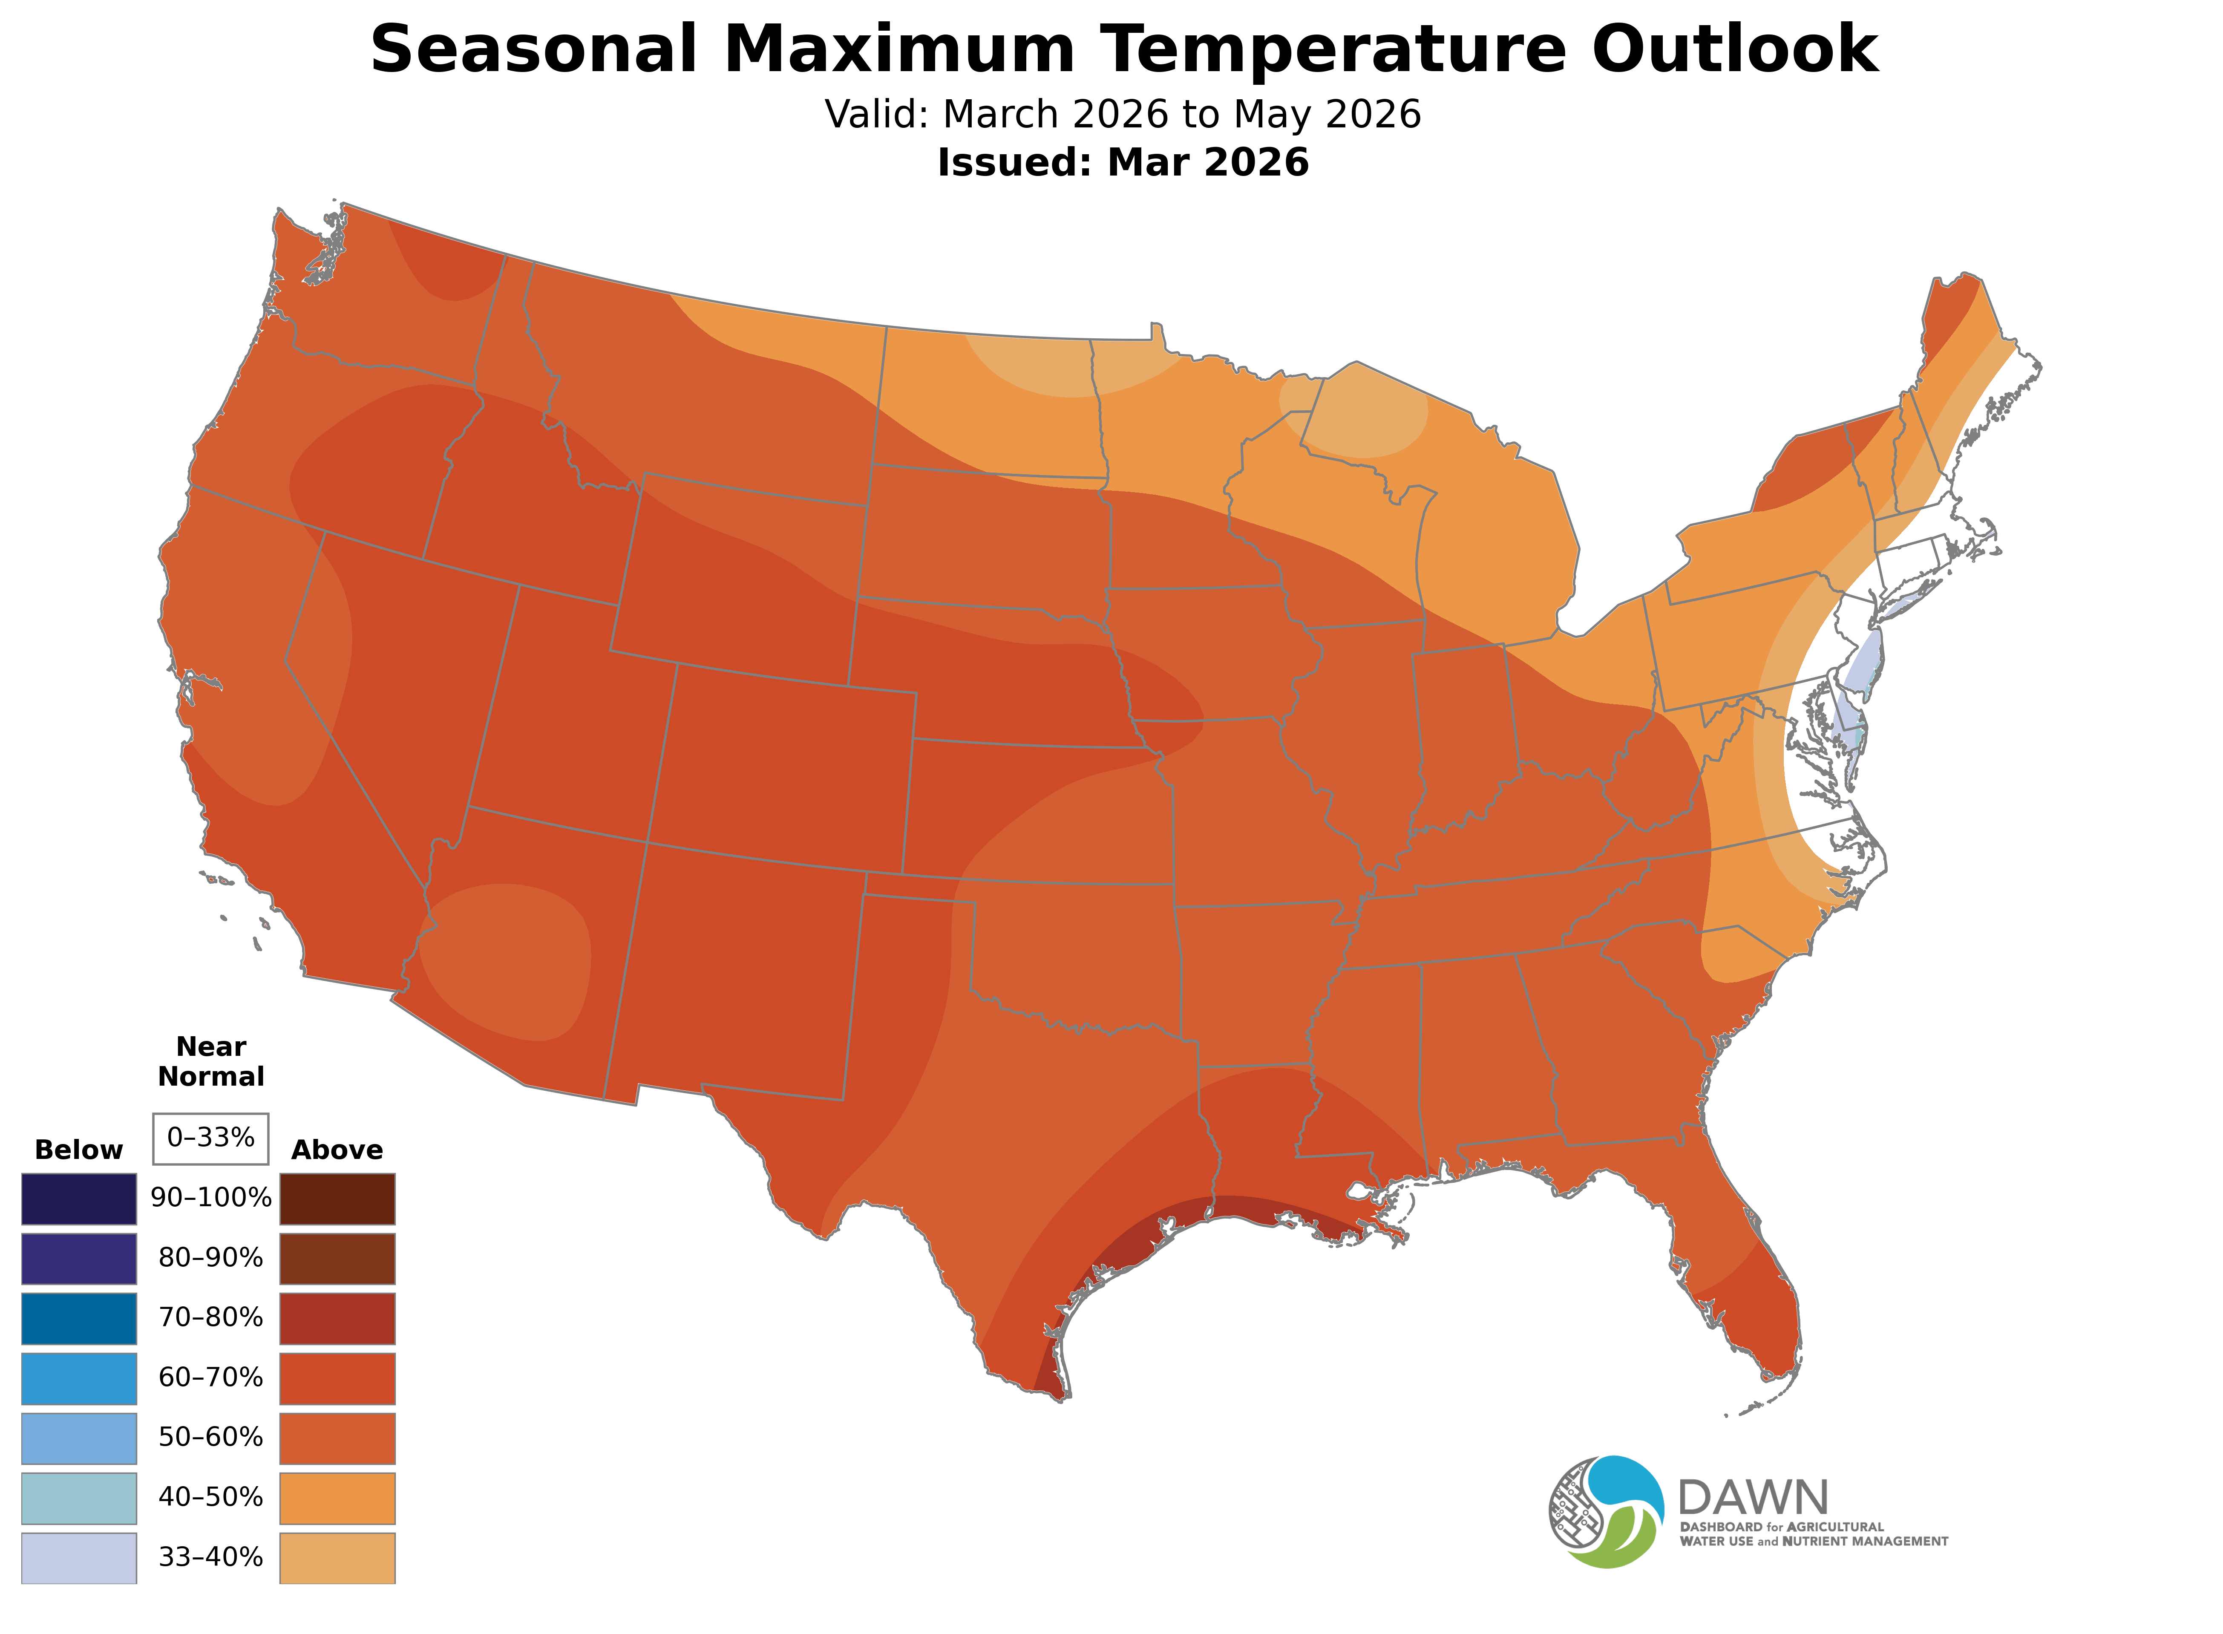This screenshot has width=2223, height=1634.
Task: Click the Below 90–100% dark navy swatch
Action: click(x=79, y=1199)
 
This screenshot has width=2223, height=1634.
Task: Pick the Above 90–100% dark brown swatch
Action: click(x=337, y=1199)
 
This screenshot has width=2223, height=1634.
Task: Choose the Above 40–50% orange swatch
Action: click(x=337, y=1498)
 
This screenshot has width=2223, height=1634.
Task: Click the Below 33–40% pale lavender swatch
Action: click(x=79, y=1558)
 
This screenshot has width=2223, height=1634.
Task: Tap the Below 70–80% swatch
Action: click(x=79, y=1318)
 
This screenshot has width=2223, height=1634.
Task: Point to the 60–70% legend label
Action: click(x=210, y=1378)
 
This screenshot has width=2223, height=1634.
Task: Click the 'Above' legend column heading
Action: click(x=337, y=1150)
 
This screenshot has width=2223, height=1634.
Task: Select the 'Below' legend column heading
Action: click(x=79, y=1150)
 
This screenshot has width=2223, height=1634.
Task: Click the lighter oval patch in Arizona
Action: click(x=504, y=960)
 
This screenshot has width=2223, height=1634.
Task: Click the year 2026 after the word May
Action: click(x=1373, y=115)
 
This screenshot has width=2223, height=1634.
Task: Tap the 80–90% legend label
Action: click(x=210, y=1258)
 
